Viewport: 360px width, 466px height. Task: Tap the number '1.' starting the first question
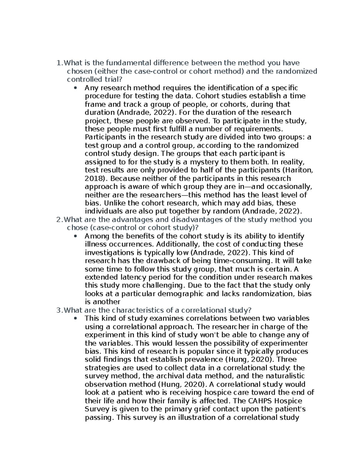click(60, 63)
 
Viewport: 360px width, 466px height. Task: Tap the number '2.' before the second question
click(60, 219)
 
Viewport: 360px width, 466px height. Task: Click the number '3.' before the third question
click(60, 310)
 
